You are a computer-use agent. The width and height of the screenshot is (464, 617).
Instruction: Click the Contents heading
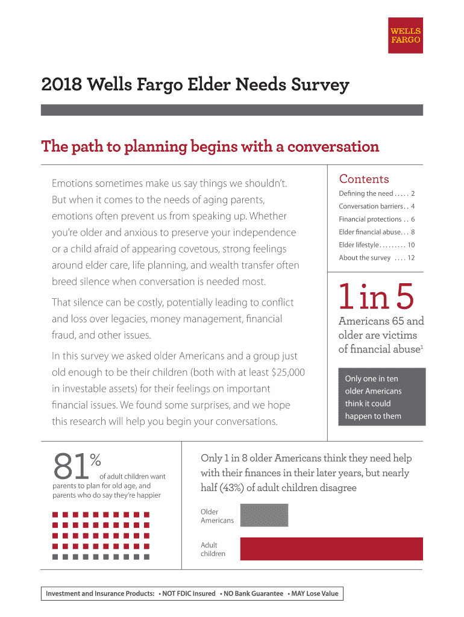(x=364, y=179)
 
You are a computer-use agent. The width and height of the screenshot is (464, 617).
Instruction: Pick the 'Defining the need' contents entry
(x=377, y=193)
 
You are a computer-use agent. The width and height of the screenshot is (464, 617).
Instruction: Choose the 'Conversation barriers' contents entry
(x=377, y=207)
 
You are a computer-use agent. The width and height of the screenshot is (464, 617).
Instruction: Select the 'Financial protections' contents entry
(x=377, y=219)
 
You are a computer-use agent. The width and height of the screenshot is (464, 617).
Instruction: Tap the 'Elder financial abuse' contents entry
(x=377, y=232)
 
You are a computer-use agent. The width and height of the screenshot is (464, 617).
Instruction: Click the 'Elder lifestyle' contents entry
(x=377, y=245)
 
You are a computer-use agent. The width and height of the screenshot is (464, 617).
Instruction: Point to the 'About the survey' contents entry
(x=377, y=258)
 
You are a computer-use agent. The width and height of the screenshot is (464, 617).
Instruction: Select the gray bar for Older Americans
(x=264, y=515)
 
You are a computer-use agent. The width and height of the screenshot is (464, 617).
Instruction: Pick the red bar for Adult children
(x=331, y=549)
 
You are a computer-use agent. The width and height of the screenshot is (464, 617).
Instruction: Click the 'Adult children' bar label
(x=213, y=549)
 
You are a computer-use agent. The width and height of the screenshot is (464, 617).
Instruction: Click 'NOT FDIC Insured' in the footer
(x=187, y=594)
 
